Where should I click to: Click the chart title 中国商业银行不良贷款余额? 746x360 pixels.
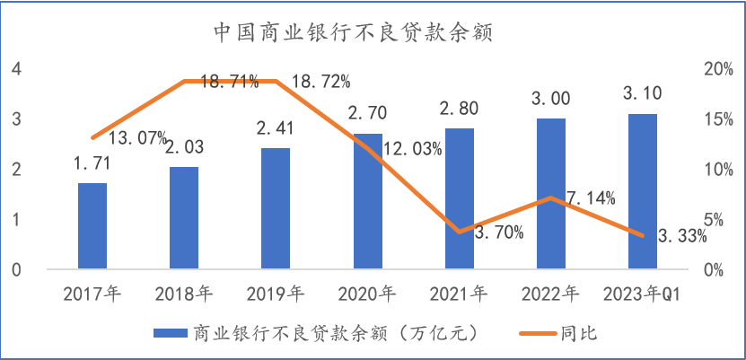[x=355, y=33]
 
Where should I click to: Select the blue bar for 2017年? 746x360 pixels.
[x=92, y=226]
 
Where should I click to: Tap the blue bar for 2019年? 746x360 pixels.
[x=276, y=208]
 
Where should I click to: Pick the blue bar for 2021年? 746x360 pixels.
[x=460, y=198]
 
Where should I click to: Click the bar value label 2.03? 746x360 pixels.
[x=184, y=146]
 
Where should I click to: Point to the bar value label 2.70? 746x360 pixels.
[x=368, y=113]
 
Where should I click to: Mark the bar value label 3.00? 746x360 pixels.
[x=551, y=98]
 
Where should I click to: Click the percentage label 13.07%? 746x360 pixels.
[x=138, y=138]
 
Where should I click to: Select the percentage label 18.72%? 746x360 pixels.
[x=321, y=82]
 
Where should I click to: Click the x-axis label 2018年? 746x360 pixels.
[x=184, y=293]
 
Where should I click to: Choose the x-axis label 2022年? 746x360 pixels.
[x=551, y=293]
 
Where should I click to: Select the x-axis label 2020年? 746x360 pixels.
[x=368, y=293]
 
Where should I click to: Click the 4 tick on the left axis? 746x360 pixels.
[x=15, y=69]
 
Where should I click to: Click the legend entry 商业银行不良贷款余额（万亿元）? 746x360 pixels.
[x=315, y=333]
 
